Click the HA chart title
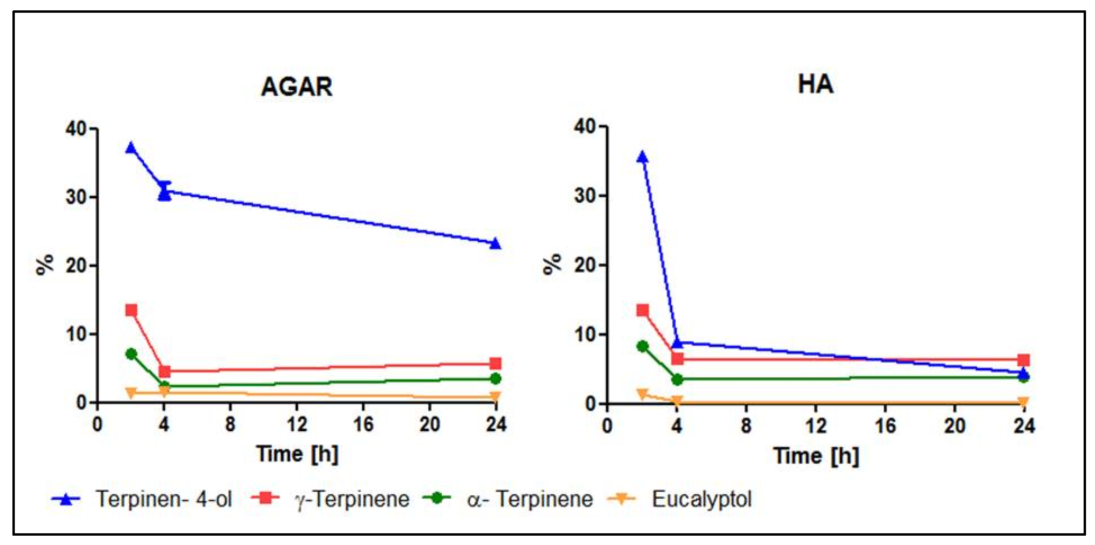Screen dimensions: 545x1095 (x=815, y=84)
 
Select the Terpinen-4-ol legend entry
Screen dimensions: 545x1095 (x=164, y=499)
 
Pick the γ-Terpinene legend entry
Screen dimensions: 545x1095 (x=352, y=499)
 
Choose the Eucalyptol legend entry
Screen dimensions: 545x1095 (x=701, y=499)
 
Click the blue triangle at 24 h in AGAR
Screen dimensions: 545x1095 (x=495, y=244)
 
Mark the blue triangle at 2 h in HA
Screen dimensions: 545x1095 (x=642, y=157)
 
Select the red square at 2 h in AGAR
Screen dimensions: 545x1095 (x=131, y=310)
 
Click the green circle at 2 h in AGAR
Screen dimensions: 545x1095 (x=131, y=354)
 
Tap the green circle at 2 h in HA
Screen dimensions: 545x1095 (x=643, y=346)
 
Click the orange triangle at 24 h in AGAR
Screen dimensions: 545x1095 (x=495, y=397)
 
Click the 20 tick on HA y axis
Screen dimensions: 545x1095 (x=585, y=265)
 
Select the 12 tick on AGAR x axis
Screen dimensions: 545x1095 (x=296, y=424)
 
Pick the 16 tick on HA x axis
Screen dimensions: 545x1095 (x=885, y=426)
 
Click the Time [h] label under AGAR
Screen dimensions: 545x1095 (x=297, y=454)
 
